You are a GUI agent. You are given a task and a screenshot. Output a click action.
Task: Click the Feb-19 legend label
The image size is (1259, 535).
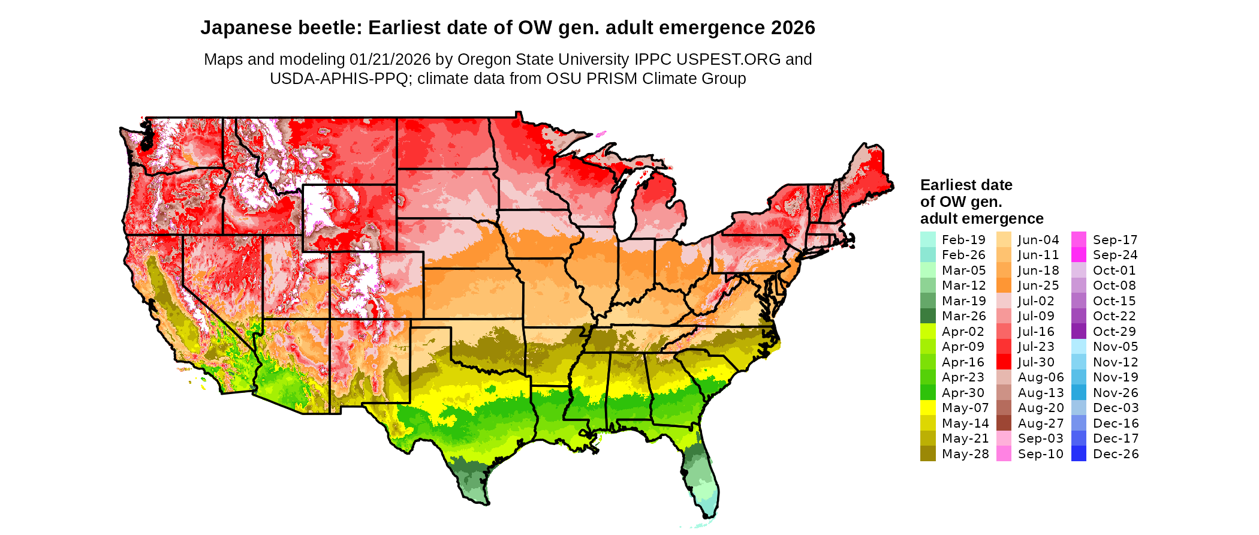click(963, 240)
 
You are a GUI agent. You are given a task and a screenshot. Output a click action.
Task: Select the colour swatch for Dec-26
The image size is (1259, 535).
click(1079, 454)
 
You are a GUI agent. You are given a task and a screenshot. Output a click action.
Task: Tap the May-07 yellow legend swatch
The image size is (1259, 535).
click(927, 408)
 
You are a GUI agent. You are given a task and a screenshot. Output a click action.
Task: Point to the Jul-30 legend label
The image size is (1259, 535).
click(1036, 362)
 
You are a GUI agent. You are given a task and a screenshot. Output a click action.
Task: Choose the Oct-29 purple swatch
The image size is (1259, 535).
click(1079, 332)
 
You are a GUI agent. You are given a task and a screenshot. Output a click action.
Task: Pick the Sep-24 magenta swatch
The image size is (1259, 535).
click(1079, 255)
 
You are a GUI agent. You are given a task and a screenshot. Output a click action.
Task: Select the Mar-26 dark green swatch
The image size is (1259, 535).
click(927, 316)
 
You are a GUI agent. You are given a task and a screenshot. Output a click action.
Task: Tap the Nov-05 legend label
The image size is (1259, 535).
click(1115, 347)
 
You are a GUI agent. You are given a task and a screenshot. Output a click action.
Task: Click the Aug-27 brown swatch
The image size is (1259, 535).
click(1004, 423)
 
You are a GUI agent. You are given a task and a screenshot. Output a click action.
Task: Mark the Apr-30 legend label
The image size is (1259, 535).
click(963, 393)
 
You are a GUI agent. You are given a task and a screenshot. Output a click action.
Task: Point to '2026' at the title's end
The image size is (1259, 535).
click(793, 28)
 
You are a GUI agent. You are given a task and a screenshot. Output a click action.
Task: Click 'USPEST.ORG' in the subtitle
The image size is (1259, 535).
click(728, 59)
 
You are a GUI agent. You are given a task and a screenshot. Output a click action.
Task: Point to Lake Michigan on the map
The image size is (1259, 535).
click(625, 204)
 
